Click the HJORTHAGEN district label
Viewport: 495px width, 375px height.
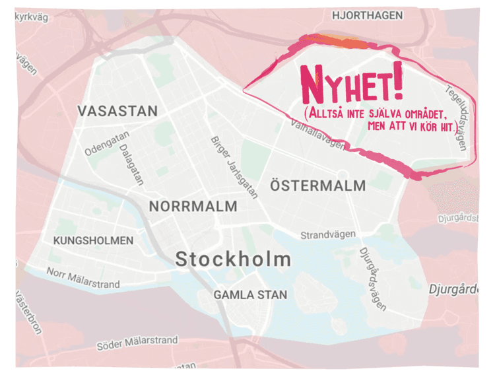(366, 15)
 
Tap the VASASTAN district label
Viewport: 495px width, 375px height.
(117, 111)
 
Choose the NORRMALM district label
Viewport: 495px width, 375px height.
(193, 206)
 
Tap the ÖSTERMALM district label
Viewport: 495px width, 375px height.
(317, 186)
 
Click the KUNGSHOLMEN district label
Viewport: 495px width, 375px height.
(93, 240)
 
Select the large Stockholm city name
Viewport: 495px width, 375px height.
(233, 259)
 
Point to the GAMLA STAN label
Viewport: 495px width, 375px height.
(250, 294)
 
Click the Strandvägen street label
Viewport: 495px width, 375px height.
(328, 234)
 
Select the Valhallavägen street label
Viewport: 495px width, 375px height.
(317, 130)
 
